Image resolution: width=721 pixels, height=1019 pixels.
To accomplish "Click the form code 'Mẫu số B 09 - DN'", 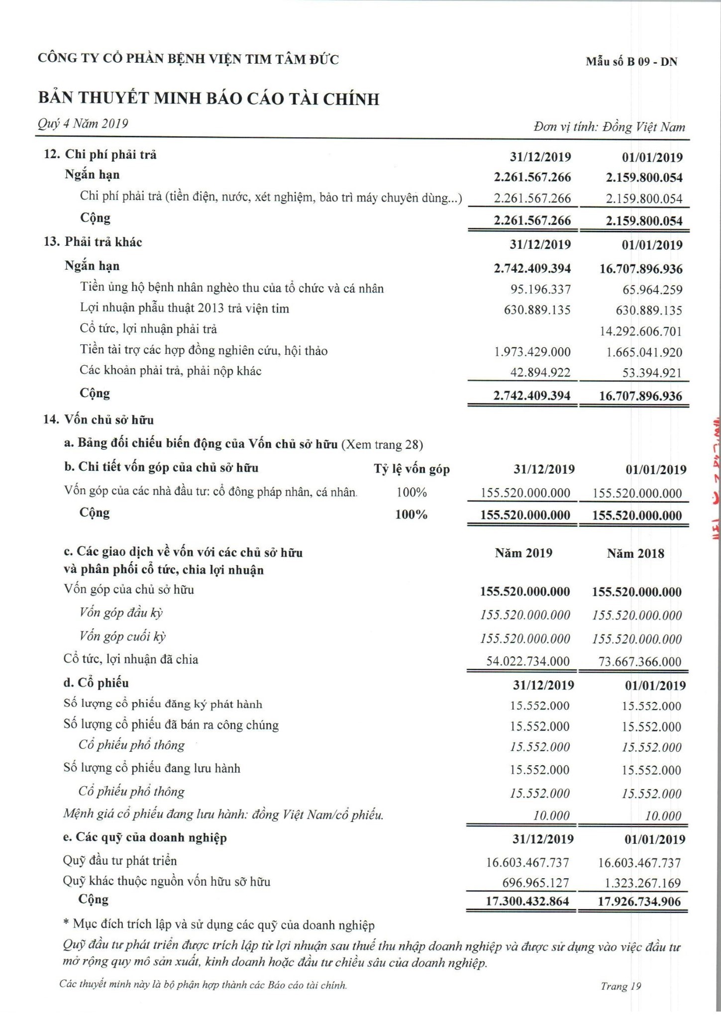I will [x=631, y=62].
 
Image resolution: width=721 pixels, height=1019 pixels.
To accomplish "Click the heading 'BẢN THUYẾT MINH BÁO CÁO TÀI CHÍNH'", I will [x=208, y=99].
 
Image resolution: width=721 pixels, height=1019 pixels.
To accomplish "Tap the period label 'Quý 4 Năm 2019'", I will [x=83, y=123].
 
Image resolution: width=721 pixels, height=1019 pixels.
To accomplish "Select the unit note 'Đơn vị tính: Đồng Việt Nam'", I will [x=609, y=127].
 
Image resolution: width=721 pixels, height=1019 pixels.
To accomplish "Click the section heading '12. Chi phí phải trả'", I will [x=101, y=155].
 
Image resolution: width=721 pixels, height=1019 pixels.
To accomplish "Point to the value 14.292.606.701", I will [x=640, y=331].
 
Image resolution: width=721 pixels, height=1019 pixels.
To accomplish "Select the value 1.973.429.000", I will [x=532, y=352].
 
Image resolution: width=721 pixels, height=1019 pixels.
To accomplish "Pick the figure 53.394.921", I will [x=652, y=373].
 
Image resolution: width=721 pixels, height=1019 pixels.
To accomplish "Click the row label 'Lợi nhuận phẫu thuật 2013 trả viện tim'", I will [x=184, y=308].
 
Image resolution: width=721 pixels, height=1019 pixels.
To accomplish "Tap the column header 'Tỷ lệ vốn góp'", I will [x=412, y=469].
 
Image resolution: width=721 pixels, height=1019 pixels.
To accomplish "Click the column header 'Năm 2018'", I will [x=635, y=553].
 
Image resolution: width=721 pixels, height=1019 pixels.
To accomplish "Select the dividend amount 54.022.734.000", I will [x=527, y=661].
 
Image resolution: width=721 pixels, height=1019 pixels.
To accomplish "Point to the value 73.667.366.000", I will [x=639, y=662].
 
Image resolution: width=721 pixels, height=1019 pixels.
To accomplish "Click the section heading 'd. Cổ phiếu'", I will [x=96, y=683].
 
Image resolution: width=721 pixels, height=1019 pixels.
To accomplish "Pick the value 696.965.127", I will [x=535, y=883].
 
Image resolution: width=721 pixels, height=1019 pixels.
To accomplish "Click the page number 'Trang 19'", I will [x=620, y=986].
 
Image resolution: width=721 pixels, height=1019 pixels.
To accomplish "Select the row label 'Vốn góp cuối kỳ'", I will [x=122, y=636].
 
